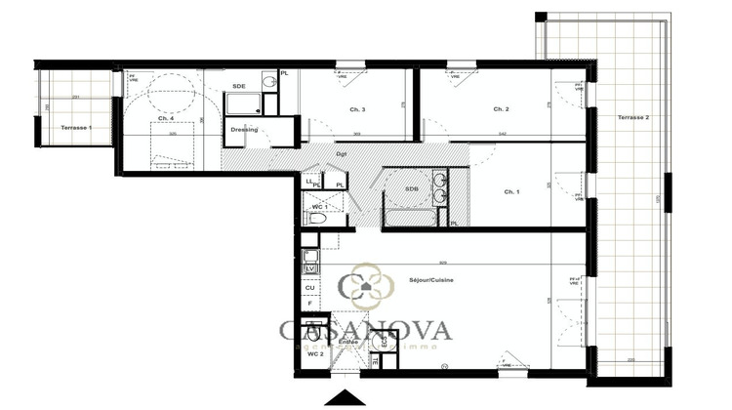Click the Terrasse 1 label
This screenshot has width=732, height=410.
click(x=75, y=128)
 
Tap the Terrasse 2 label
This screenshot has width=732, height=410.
click(x=633, y=117)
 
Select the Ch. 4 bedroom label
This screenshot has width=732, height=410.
click(x=165, y=118)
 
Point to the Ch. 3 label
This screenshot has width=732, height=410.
click(x=356, y=109)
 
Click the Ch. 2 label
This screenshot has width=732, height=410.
click(x=501, y=108)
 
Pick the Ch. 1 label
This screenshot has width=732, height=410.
click(x=511, y=191)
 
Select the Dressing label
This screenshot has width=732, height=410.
click(x=243, y=129)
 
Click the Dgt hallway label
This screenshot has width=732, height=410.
click(x=342, y=153)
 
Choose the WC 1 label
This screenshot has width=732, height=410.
click(x=318, y=207)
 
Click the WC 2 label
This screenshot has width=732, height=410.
click(x=315, y=353)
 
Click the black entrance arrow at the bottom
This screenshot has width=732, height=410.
click(x=349, y=397)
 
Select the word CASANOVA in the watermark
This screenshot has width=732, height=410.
click(x=365, y=330)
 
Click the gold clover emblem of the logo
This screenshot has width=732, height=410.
click(x=360, y=284)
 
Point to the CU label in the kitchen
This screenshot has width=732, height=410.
click(x=309, y=288)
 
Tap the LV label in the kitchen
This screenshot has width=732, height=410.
click(x=310, y=268)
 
